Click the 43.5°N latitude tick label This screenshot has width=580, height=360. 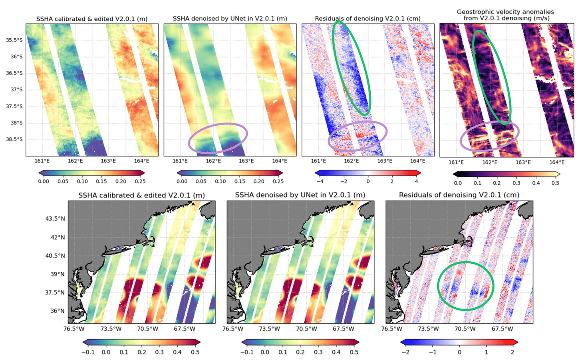(55, 219)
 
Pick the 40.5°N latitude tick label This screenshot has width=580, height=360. (55, 255)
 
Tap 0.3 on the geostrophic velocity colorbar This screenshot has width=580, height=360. (516, 183)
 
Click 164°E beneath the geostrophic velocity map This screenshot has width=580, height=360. (556, 162)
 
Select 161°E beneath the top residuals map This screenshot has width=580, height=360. (318, 161)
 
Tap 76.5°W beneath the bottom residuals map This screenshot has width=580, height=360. (391, 329)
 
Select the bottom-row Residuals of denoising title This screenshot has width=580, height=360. (459, 195)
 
